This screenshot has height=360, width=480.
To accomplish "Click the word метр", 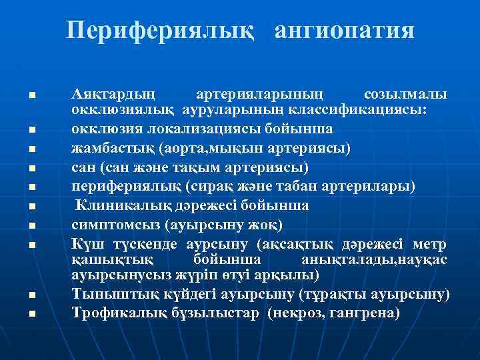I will click(x=431, y=242).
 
